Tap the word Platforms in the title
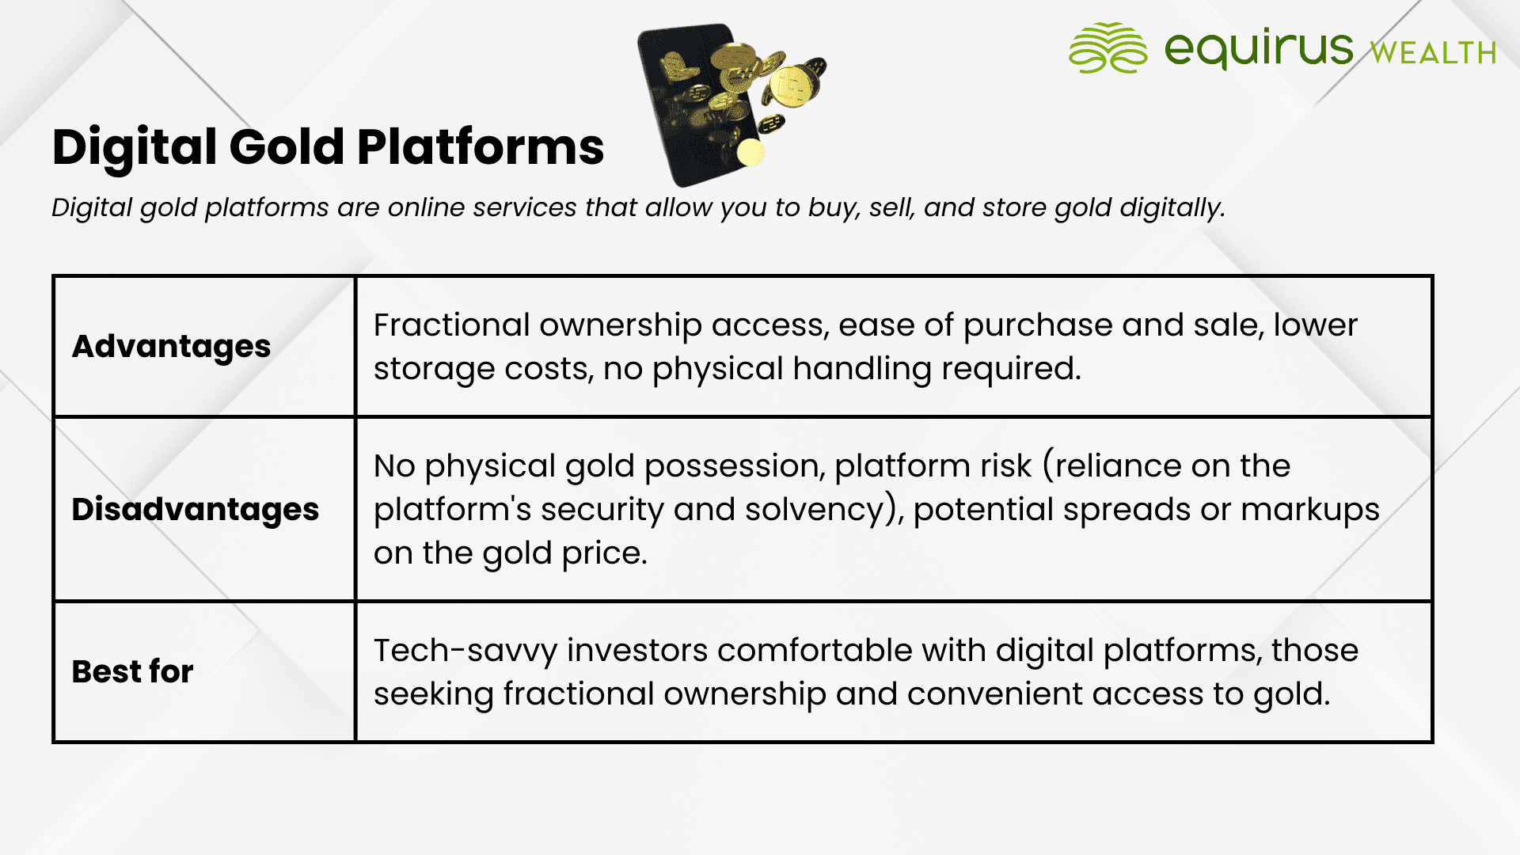(x=481, y=147)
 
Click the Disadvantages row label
(x=196, y=509)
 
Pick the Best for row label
(x=133, y=671)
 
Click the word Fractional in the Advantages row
(x=451, y=325)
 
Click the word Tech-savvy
(x=465, y=651)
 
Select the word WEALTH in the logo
(x=1433, y=53)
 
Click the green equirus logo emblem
(x=1108, y=47)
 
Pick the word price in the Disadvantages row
(x=604, y=553)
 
